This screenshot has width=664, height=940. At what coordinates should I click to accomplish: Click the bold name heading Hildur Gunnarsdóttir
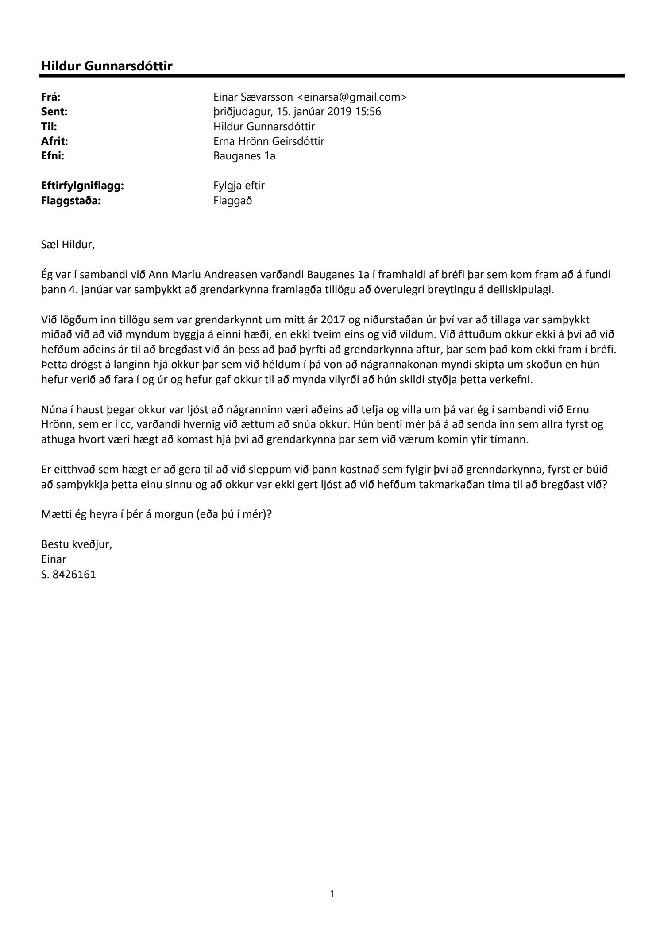coord(107,66)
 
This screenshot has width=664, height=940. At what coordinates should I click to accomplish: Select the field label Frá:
coord(51,97)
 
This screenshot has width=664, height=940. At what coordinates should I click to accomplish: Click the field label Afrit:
coord(55,141)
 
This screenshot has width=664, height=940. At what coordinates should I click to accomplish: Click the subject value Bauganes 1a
coord(244,156)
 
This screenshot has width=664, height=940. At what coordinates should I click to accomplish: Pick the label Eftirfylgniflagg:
coord(82,186)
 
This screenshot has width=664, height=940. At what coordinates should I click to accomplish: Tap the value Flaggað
coord(232,201)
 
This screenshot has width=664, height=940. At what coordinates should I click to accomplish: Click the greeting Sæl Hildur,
coord(68,245)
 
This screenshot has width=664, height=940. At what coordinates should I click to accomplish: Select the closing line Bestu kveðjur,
coord(77,544)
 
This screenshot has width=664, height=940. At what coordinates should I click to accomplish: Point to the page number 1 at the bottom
coord(332,894)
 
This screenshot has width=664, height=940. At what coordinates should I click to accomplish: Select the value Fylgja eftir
coord(239,186)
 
